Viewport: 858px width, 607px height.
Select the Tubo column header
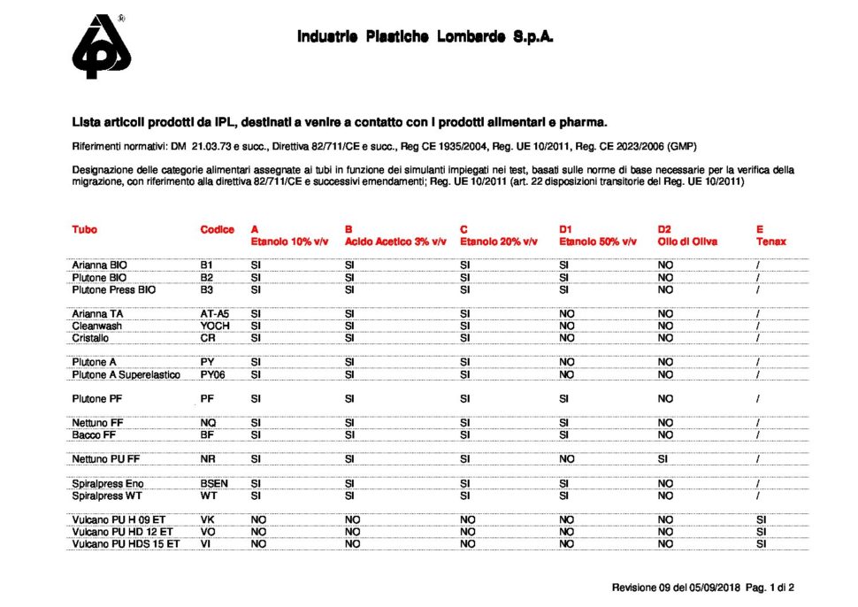(x=85, y=229)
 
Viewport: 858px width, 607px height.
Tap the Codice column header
(x=218, y=229)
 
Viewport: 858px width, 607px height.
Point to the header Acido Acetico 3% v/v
(x=395, y=241)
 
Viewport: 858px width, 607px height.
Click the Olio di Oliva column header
(x=687, y=241)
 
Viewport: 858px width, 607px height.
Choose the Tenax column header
(x=770, y=241)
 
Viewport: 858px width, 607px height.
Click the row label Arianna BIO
(x=100, y=265)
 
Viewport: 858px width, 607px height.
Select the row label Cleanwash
(x=97, y=326)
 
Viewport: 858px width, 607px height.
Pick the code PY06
(x=214, y=374)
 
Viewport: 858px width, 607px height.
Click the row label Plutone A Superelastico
(x=126, y=374)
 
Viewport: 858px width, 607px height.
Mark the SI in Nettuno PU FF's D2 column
(x=663, y=459)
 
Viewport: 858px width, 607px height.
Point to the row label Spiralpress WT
(x=108, y=496)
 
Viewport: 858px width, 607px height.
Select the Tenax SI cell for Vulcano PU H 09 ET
(x=761, y=520)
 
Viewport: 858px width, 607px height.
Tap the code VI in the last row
(x=206, y=544)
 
